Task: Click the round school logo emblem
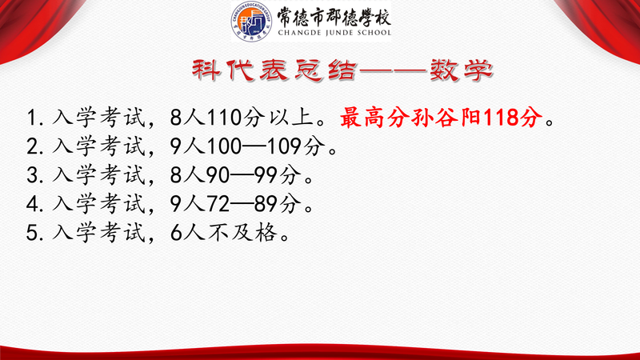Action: tap(252, 22)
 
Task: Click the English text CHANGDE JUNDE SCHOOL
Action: tap(334, 33)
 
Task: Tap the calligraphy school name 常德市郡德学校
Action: tap(334, 16)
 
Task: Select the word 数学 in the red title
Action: tap(462, 70)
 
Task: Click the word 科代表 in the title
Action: tap(238, 70)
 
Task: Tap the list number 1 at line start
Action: tap(32, 118)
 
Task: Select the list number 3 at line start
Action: tap(32, 175)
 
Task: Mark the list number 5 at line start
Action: tap(32, 233)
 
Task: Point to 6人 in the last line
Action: tap(188, 233)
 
